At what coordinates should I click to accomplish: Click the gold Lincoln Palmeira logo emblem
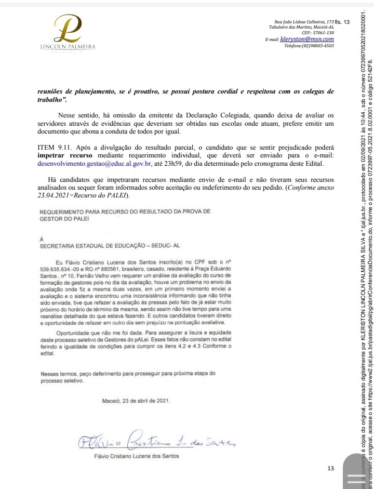68,29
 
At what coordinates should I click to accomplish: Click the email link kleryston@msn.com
306,39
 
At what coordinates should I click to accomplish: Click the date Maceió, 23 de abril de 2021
135,387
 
